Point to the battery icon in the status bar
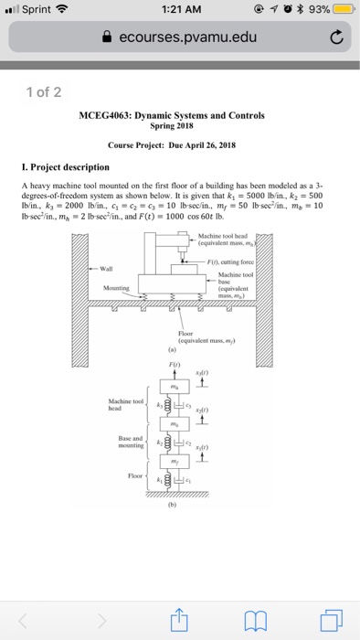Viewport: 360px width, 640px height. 344,10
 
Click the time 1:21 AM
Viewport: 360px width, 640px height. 180,10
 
